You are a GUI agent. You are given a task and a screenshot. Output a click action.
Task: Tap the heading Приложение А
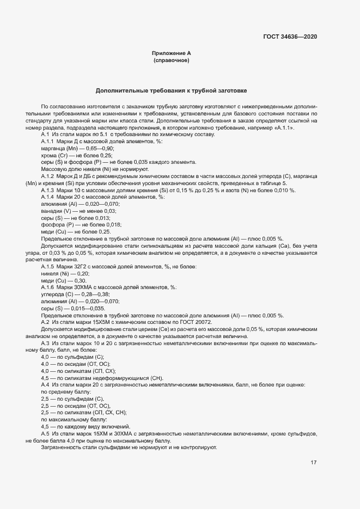point(171,53)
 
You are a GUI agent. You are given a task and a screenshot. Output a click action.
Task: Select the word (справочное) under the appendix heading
point(171,60)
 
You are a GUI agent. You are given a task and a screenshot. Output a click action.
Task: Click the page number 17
point(314,463)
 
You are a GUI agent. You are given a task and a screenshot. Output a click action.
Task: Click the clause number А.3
point(46,343)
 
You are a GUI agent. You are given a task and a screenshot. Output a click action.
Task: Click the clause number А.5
point(46,434)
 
